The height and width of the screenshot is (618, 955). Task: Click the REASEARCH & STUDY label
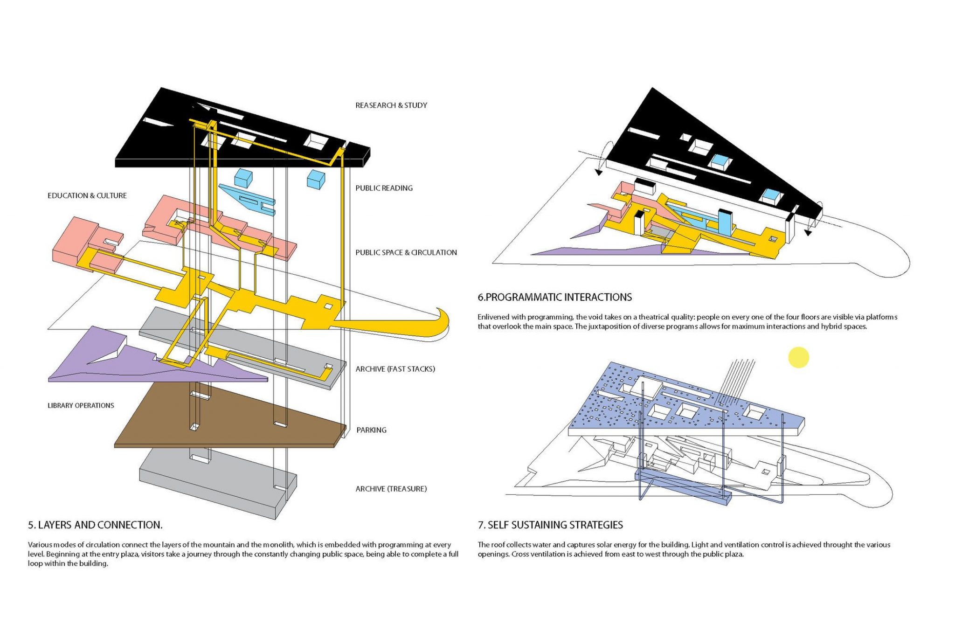(x=391, y=105)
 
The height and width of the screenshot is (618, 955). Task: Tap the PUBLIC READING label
(x=384, y=188)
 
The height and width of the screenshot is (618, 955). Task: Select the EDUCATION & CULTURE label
(x=87, y=195)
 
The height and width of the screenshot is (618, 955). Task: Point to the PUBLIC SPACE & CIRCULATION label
(x=406, y=252)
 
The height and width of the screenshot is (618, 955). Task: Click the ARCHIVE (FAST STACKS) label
(x=395, y=369)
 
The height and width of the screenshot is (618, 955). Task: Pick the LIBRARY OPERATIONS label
(x=81, y=405)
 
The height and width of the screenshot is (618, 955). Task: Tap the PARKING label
(x=371, y=430)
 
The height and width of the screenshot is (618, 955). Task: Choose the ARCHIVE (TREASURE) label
(x=391, y=489)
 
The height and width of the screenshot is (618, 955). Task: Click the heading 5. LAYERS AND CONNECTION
(x=95, y=525)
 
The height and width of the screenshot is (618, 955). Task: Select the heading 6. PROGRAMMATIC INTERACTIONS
(x=554, y=297)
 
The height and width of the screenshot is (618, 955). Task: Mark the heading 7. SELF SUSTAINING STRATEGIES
(x=550, y=525)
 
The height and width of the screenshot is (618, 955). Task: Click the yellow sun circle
(x=798, y=357)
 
